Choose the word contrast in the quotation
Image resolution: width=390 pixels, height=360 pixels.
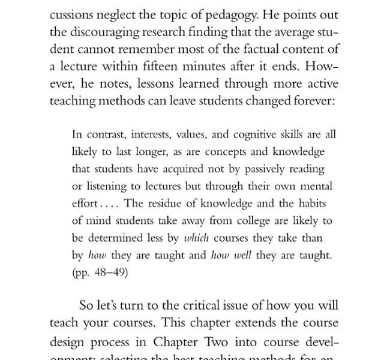click(x=100, y=134)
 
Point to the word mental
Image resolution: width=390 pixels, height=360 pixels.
click(x=317, y=186)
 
